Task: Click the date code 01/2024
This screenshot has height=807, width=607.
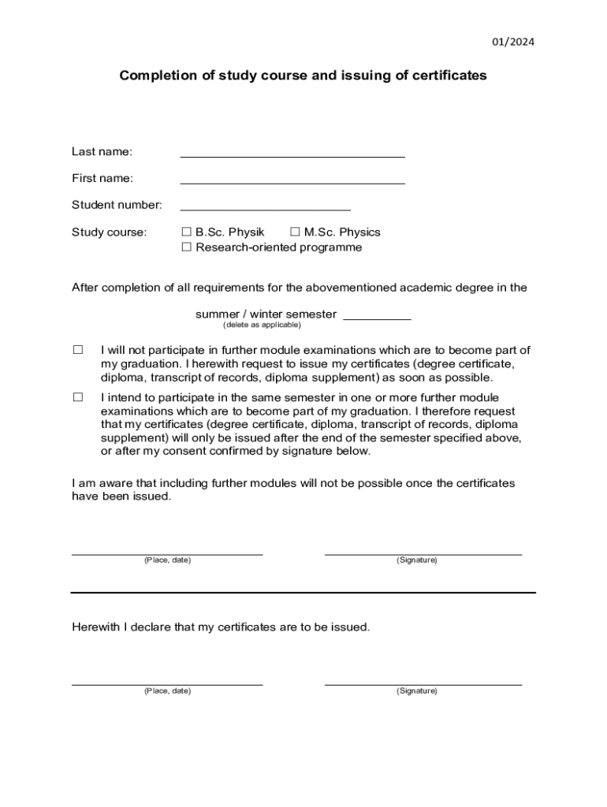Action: point(512,42)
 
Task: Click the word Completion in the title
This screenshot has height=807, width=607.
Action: point(155,76)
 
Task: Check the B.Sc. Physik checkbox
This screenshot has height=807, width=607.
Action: point(187,232)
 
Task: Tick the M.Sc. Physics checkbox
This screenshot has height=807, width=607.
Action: point(295,232)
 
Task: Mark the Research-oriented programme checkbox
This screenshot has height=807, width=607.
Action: point(187,247)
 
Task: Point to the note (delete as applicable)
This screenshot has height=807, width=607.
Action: point(262,325)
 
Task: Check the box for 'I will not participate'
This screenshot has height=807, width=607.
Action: point(78,350)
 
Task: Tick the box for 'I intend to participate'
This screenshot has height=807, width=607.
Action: point(78,398)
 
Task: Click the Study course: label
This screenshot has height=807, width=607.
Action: point(109,232)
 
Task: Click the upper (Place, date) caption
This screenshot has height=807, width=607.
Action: point(167,560)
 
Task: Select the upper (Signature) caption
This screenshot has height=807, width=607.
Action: point(417,560)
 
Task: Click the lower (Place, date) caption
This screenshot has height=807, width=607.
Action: point(167,691)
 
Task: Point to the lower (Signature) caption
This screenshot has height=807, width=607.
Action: point(417,691)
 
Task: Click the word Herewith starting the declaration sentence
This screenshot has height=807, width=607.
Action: point(95,627)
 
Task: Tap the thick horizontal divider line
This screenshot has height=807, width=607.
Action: point(303,592)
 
